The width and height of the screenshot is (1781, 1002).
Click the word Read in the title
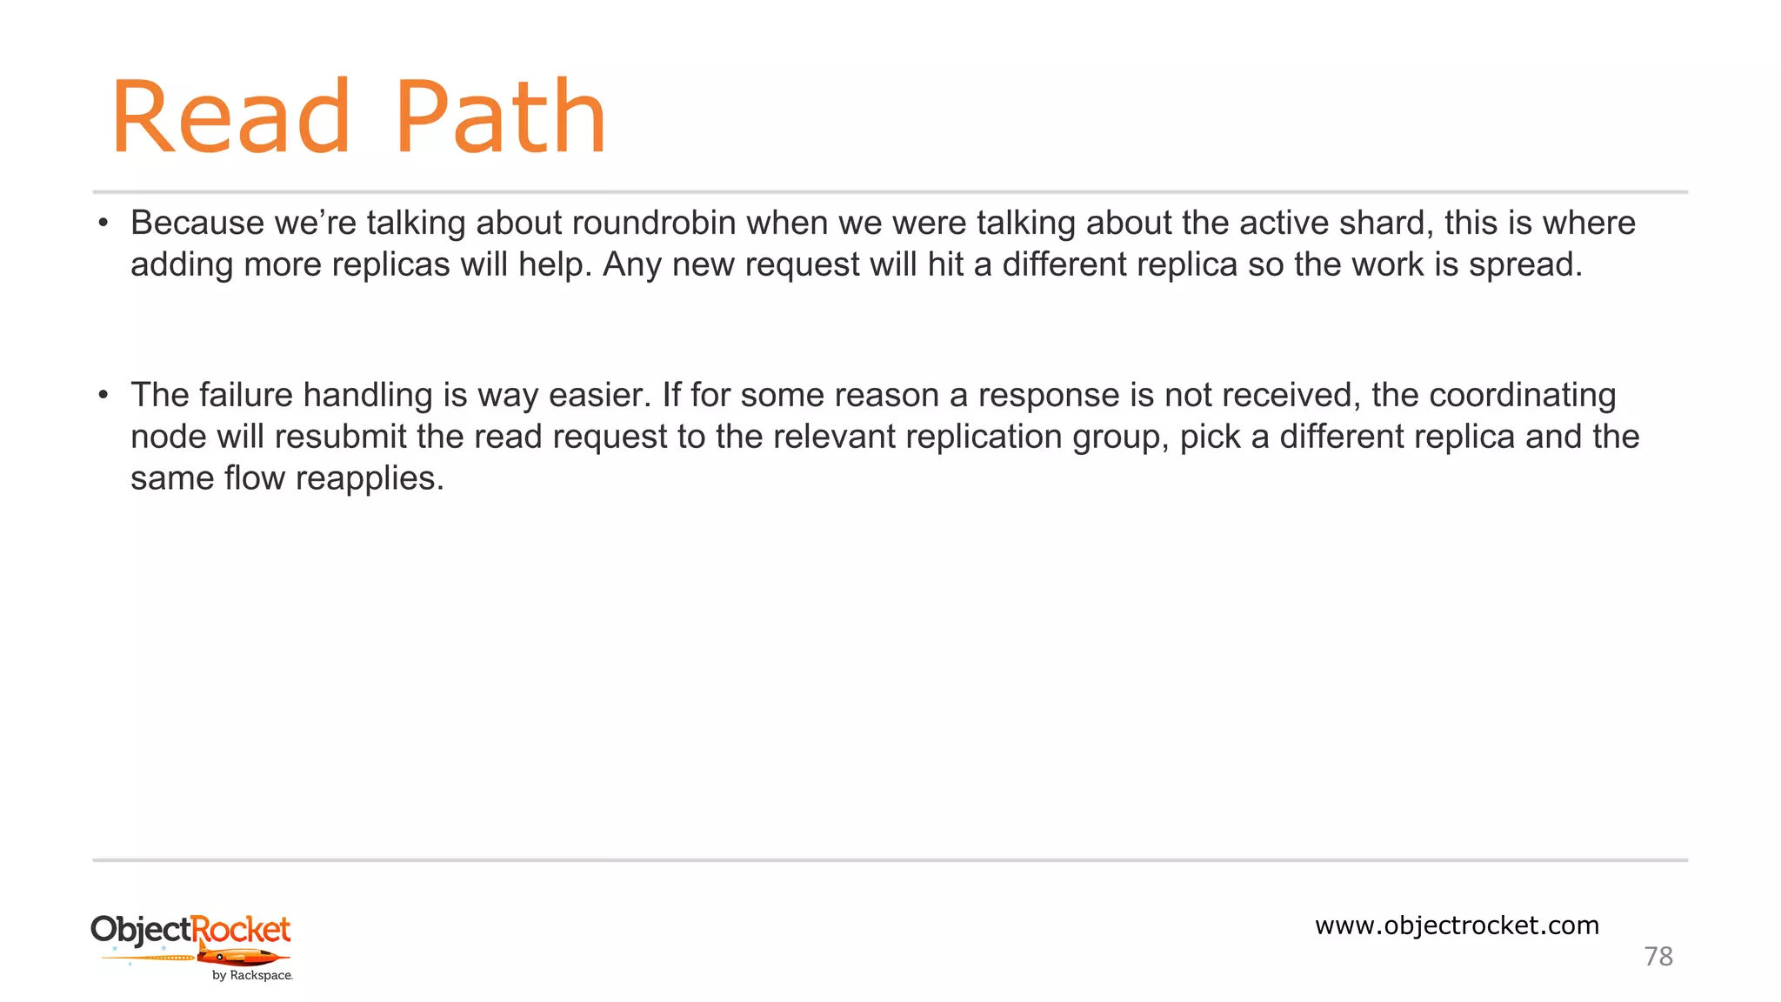(x=230, y=117)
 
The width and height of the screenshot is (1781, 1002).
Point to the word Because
(x=197, y=224)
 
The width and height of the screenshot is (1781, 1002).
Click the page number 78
(x=1658, y=957)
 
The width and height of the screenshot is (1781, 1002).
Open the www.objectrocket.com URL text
(x=1457, y=925)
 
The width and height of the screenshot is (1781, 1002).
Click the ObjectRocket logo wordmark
(x=190, y=930)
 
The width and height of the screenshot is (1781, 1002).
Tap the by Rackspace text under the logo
(x=252, y=976)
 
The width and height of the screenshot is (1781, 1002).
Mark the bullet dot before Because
(x=103, y=224)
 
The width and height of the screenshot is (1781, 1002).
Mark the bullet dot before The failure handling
(x=103, y=396)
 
